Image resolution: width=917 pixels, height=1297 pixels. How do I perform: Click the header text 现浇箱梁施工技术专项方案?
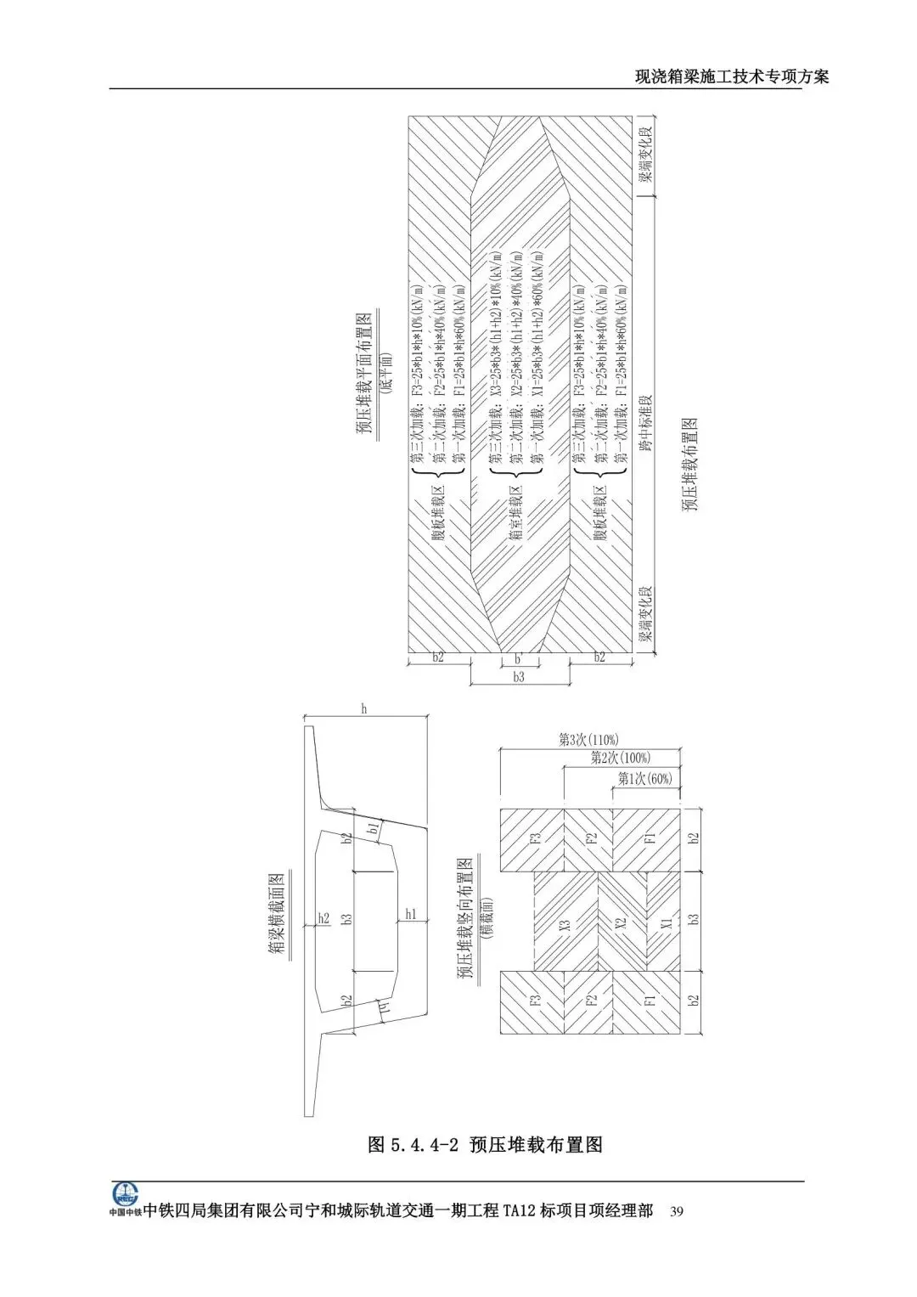[732, 76]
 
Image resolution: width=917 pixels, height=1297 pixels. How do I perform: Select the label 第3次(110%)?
[588, 739]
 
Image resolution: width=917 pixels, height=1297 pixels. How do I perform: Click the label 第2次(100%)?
[619, 758]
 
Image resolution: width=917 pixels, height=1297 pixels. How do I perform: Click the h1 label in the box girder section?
[411, 915]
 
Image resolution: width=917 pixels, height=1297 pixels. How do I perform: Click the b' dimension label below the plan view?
[517, 658]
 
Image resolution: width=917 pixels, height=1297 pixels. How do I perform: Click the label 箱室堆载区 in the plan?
[515, 515]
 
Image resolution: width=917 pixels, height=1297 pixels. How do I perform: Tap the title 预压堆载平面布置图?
[363, 375]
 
